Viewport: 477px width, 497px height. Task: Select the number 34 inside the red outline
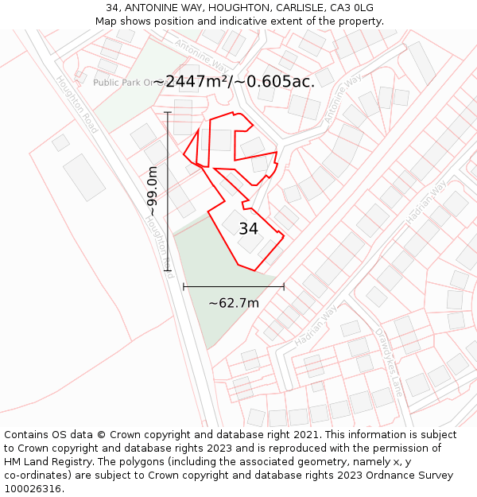(x=248, y=229)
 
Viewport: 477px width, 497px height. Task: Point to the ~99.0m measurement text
(x=153, y=192)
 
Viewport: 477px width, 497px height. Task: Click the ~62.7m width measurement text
(x=234, y=303)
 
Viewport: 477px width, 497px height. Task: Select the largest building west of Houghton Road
(x=84, y=177)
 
